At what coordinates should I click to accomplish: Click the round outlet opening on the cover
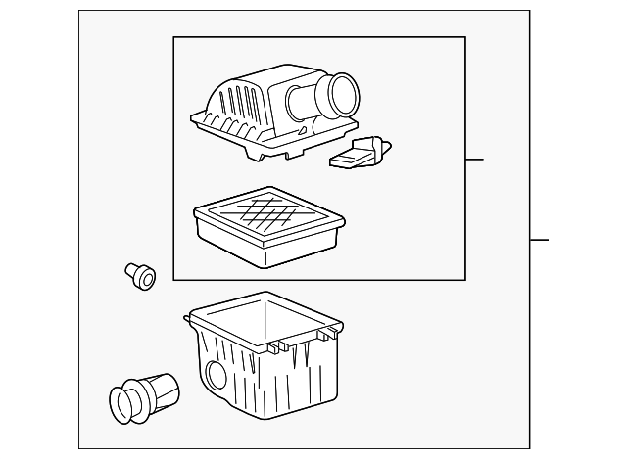pos(345,95)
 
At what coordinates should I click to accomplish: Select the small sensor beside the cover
pos(358,153)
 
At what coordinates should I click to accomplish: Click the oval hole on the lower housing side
pos(214,376)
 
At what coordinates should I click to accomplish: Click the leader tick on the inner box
pos(475,159)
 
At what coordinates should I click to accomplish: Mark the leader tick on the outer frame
pos(540,240)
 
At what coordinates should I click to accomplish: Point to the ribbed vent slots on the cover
pos(240,108)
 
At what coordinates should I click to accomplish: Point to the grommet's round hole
pos(147,280)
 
